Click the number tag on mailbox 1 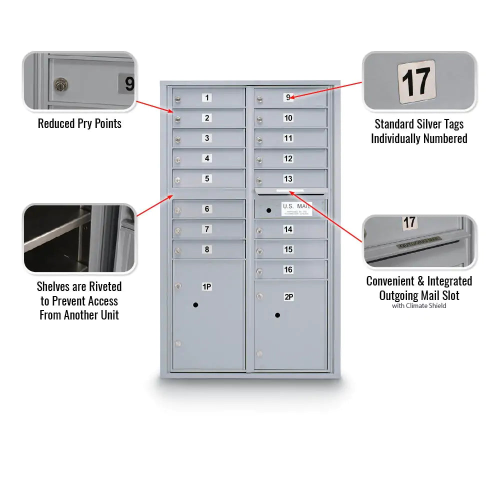pos(207,97)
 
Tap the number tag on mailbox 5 pos(207,178)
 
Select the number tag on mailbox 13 pos(288,179)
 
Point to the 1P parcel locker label pos(206,286)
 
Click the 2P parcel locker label pos(288,297)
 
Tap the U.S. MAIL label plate pos(296,209)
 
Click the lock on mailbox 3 pos(177,140)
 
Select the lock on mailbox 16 pos(259,272)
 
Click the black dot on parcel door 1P pos(195,304)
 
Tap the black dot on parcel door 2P pos(277,315)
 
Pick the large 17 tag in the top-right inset pos(416,80)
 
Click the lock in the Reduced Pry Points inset pos(61,84)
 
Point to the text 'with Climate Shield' pos(419,306)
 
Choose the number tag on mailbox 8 pos(207,249)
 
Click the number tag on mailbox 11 pos(288,138)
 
